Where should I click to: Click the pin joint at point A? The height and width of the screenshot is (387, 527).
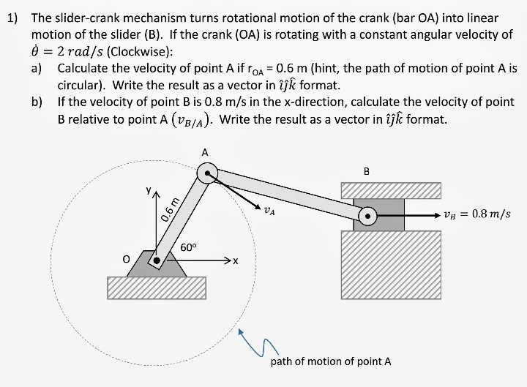click(x=209, y=173)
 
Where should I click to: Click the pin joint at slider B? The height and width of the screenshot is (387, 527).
click(x=367, y=215)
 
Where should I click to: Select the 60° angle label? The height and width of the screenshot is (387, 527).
click(x=189, y=247)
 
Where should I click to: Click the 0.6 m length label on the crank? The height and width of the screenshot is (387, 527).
click(x=170, y=210)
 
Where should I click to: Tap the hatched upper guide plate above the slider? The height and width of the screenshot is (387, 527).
click(x=392, y=190)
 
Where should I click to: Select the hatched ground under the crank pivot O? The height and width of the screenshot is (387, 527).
click(x=157, y=288)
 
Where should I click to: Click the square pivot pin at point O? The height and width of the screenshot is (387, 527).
click(x=155, y=260)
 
